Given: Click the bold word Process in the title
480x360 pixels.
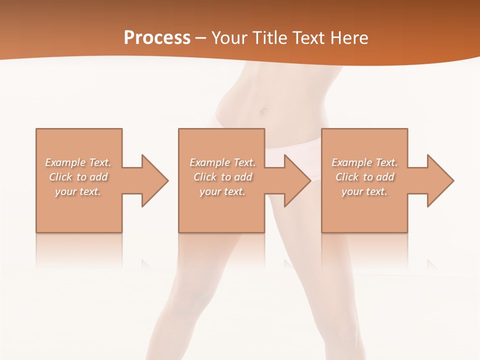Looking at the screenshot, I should click(x=157, y=38).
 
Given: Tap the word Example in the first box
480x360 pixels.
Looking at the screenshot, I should click(x=65, y=162).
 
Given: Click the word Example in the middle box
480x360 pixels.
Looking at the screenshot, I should click(x=209, y=162).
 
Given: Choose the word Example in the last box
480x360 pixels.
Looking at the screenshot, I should click(x=351, y=162).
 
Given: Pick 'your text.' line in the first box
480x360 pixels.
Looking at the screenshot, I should click(x=78, y=191).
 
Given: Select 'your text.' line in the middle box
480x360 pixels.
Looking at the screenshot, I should click(x=222, y=191).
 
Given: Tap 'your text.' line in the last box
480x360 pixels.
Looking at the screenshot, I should click(x=364, y=191).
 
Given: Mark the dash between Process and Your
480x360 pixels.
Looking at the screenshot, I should click(x=200, y=38).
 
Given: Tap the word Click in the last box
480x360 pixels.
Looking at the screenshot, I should click(x=347, y=177).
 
